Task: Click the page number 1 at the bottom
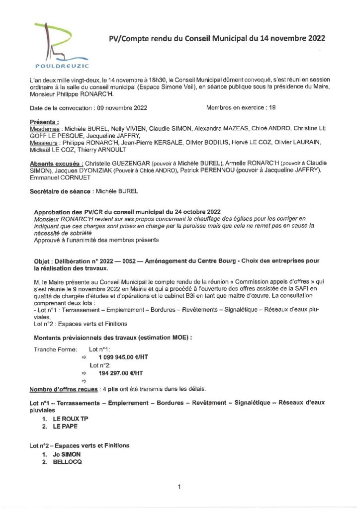point(179,487)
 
